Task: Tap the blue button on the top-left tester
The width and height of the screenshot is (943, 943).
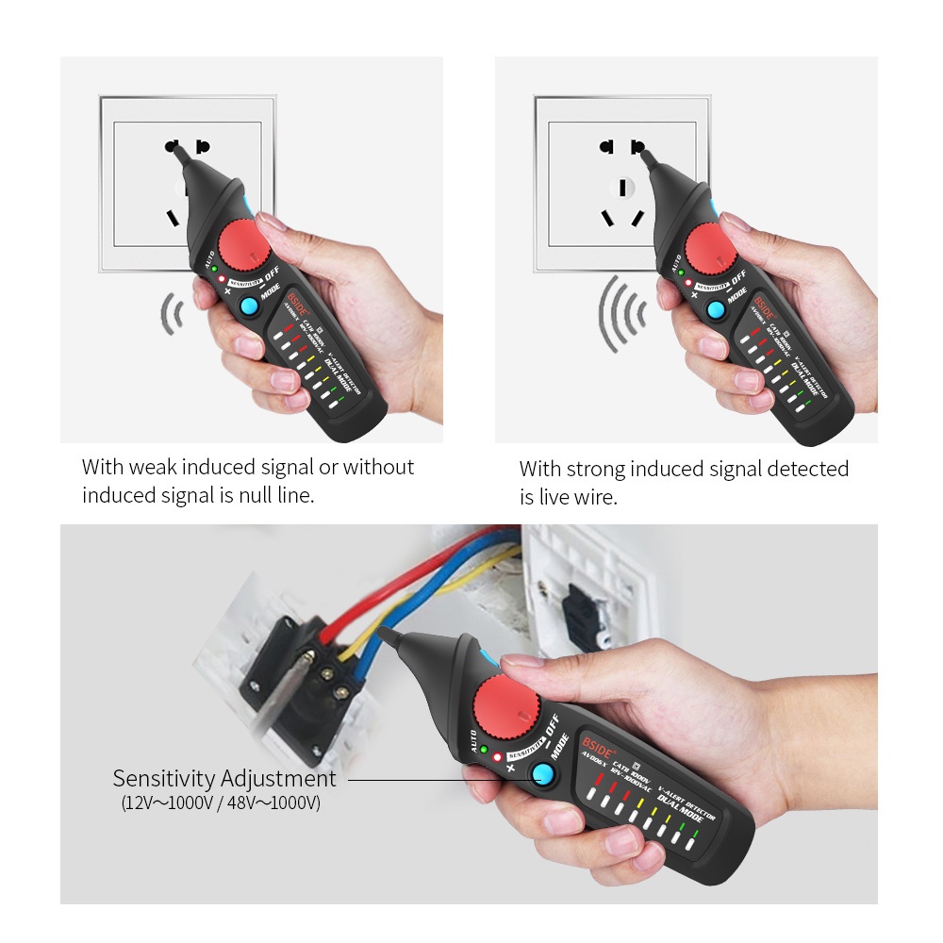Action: tap(249, 306)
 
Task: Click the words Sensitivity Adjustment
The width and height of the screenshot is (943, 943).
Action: tap(224, 779)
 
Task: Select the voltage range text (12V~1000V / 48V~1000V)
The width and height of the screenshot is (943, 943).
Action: tap(220, 804)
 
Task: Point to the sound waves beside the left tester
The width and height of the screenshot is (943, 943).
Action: tap(171, 314)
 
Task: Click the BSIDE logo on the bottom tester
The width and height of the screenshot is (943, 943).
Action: tap(598, 740)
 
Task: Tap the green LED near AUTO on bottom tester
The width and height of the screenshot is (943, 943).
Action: tap(484, 750)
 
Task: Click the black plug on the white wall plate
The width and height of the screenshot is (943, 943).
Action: tap(582, 610)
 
